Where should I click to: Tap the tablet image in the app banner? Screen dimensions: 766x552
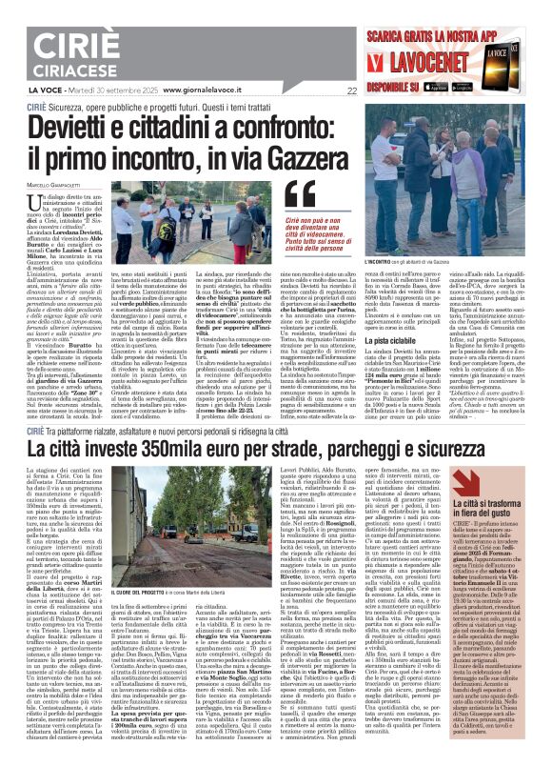(x=522, y=53)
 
